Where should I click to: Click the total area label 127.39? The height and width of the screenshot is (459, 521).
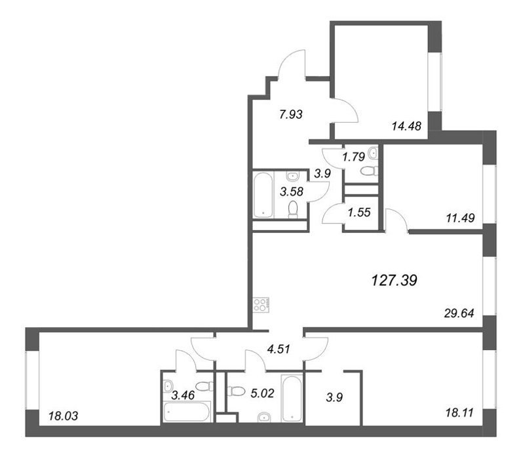pos(394,281)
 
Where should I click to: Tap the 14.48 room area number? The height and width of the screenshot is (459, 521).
pos(406,126)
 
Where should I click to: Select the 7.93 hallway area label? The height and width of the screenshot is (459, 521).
pos(291,114)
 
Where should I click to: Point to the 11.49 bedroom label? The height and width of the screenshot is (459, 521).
pos(460,218)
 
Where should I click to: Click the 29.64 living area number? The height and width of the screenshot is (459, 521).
pos(459,313)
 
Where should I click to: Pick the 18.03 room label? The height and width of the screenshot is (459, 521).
pos(63,416)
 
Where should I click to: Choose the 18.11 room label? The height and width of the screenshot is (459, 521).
pos(459,413)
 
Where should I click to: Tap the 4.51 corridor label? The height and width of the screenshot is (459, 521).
pos(279,349)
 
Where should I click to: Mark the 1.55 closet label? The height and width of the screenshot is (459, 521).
pos(359,212)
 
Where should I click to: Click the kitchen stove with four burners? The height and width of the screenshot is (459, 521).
pos(261,305)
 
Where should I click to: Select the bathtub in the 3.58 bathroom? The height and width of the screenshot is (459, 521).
pos(263,195)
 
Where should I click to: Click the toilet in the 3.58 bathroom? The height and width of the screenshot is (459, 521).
pos(293,210)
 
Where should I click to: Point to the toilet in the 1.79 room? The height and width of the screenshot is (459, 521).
pos(369,171)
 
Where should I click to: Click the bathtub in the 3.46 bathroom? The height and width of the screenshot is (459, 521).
pos(187,412)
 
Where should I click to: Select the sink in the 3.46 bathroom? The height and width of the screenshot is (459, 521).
pos(168,386)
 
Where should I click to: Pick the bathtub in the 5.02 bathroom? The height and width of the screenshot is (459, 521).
pos(292,398)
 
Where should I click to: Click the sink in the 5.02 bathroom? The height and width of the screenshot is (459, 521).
pos(265,417)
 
